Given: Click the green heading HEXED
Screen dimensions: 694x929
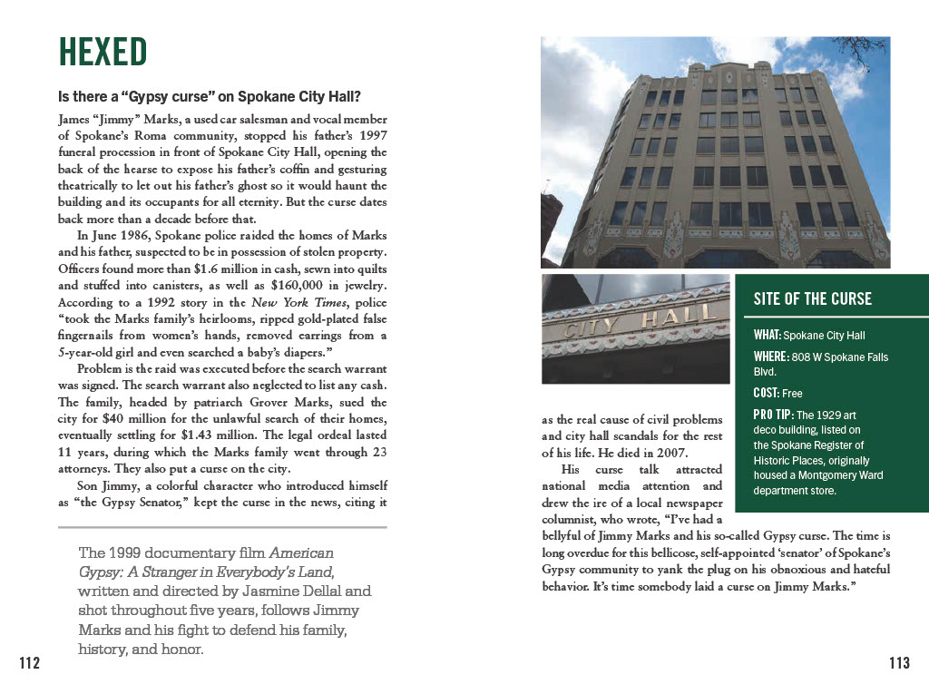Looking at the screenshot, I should point(103,53).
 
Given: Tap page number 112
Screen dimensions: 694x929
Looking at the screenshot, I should point(30,664).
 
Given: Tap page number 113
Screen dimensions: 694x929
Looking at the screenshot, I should point(898,664).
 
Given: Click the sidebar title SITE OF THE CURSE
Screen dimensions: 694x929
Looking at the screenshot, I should point(812,298).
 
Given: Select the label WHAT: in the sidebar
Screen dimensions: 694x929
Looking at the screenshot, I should point(767,335).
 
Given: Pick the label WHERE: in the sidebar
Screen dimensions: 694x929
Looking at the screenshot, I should point(771,357).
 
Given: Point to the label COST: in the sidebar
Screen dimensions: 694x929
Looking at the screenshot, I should point(767,393).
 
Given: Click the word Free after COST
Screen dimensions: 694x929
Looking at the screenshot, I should point(792,394).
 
